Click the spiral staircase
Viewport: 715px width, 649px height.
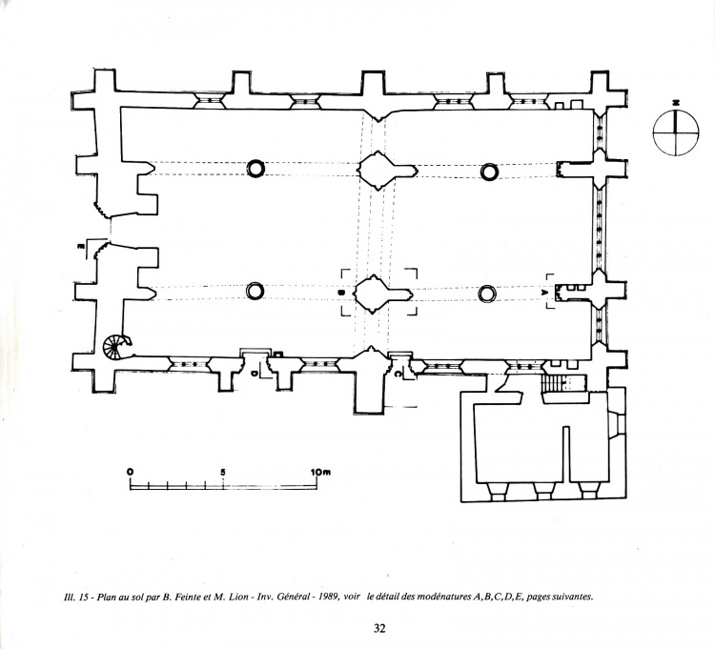[x=118, y=344]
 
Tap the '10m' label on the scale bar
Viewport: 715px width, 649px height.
[x=319, y=472]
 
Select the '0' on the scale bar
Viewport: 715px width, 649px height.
[x=130, y=472]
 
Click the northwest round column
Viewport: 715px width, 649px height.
[x=255, y=170]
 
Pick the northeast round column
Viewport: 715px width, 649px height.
[x=489, y=172]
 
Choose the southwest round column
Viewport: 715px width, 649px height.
[x=255, y=291]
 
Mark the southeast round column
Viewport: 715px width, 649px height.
[x=487, y=293]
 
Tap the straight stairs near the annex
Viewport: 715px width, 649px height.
[x=553, y=383]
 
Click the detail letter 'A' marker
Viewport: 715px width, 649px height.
[x=545, y=292]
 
